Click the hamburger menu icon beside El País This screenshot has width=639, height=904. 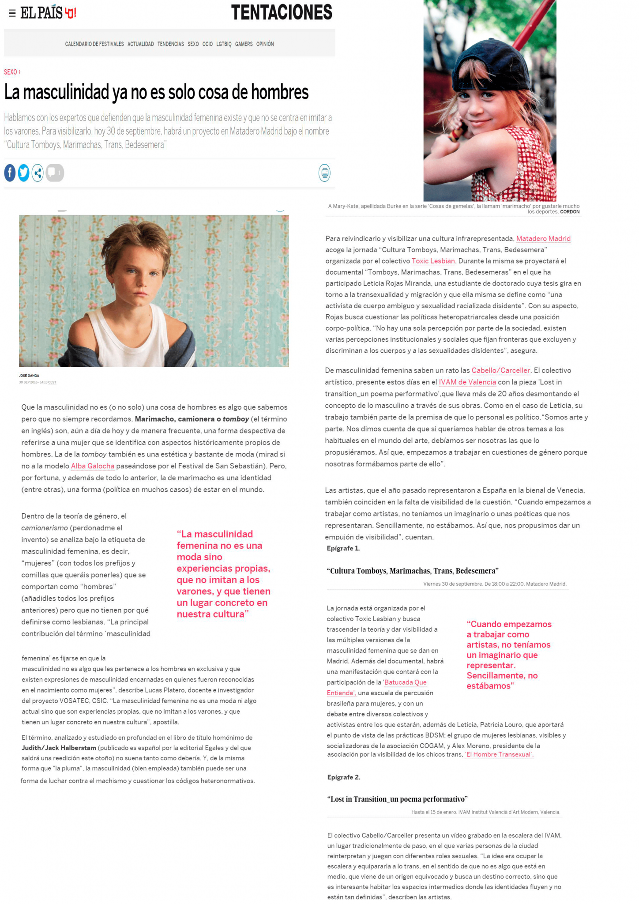click(x=12, y=13)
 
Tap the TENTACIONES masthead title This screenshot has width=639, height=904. click(x=282, y=12)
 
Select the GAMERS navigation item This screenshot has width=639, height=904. click(x=244, y=44)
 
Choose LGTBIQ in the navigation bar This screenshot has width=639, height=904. click(x=224, y=44)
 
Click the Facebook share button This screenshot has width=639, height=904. click(x=10, y=173)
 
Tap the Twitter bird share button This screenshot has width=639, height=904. click(x=24, y=173)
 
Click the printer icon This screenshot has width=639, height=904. click(x=324, y=173)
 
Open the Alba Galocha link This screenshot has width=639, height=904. click(x=92, y=466)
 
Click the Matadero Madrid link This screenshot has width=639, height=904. click(x=543, y=239)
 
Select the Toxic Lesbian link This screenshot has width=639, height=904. click(x=433, y=261)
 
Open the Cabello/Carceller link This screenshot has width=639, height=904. click(x=500, y=370)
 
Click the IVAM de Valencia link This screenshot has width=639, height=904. click(x=467, y=382)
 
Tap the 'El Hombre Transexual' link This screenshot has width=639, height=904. click(x=499, y=754)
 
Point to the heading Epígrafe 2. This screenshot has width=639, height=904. click(x=344, y=777)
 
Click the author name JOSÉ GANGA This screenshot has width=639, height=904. click(x=29, y=376)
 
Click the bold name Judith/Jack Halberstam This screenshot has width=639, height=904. click(x=59, y=748)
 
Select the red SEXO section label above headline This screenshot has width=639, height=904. click(x=11, y=72)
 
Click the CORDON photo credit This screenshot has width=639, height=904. click(x=570, y=212)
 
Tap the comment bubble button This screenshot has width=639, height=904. click(x=54, y=173)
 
